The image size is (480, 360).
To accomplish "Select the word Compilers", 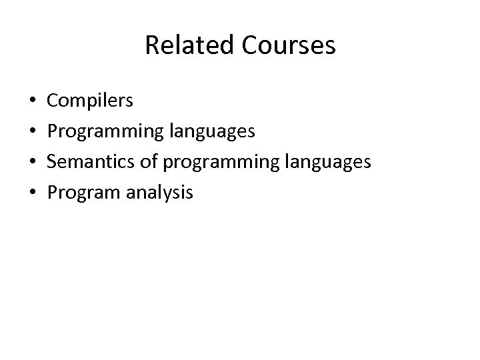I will (x=90, y=101).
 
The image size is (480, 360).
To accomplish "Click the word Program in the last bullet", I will (x=78, y=193).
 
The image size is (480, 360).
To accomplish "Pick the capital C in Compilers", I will (x=53, y=101).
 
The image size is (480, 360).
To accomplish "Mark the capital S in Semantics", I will (x=53, y=163).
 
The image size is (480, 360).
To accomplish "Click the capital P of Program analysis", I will (x=53, y=193).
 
